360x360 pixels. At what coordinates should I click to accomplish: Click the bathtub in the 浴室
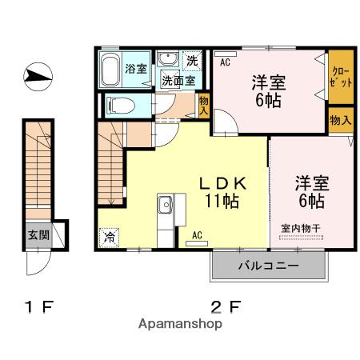[110, 70]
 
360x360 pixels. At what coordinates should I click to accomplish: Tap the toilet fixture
[120, 106]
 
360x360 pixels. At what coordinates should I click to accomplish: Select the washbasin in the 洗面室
[167, 58]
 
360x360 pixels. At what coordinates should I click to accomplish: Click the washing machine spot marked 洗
[192, 61]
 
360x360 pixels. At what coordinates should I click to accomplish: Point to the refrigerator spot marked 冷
[109, 237]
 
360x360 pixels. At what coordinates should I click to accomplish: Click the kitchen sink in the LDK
[165, 205]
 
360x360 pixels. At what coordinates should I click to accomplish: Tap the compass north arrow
[38, 76]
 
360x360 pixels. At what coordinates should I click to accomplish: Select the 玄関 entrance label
[39, 235]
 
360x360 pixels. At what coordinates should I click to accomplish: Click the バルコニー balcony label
[269, 266]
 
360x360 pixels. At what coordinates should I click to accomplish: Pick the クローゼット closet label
[340, 78]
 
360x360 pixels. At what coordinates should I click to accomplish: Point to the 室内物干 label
[301, 229]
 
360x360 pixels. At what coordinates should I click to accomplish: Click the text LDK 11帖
[222, 192]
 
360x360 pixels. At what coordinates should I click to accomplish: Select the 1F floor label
[39, 306]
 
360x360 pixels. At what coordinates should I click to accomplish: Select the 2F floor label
[226, 306]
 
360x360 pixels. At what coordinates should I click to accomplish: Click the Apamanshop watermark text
[180, 324]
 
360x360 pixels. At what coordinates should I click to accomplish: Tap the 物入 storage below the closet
[341, 120]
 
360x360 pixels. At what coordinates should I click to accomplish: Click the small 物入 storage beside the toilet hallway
[204, 106]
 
